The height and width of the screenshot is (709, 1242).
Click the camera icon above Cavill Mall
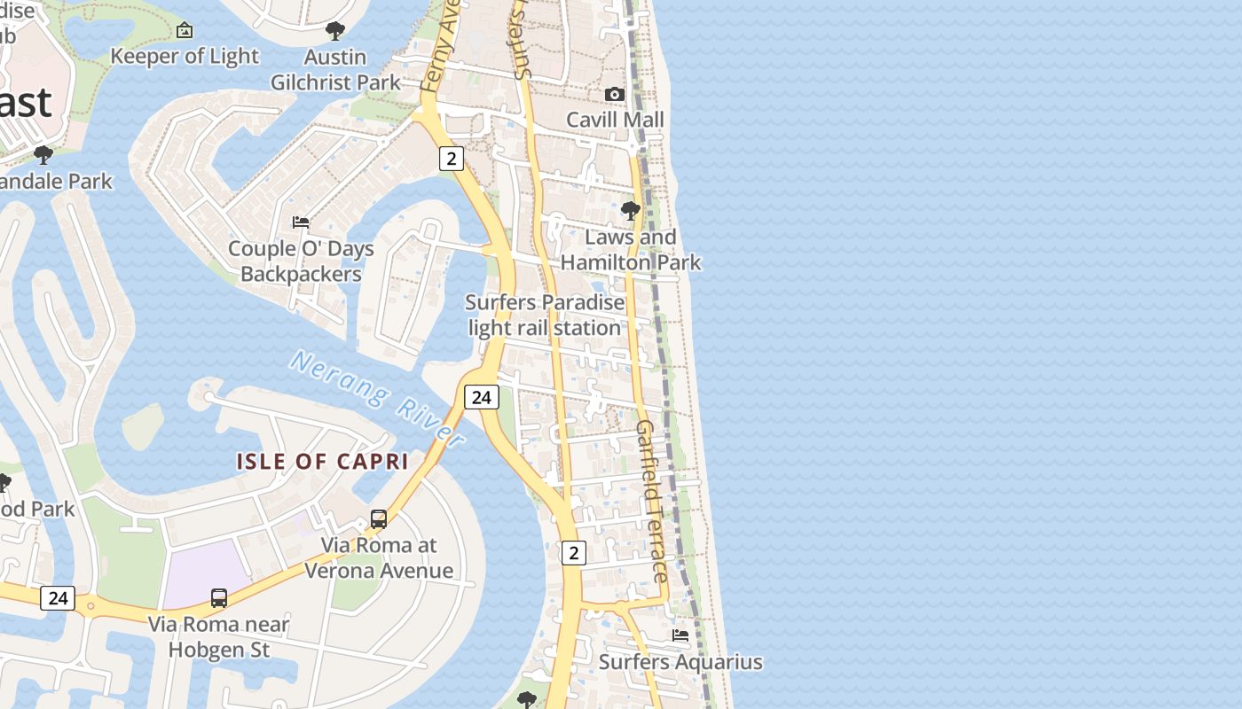click(x=614, y=94)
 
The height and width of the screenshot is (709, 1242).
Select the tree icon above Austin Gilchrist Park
click(x=335, y=32)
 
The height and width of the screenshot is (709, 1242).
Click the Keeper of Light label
click(x=185, y=56)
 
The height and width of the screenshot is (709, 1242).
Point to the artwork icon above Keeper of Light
click(x=185, y=31)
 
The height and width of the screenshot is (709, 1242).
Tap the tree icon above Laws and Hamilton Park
click(x=631, y=211)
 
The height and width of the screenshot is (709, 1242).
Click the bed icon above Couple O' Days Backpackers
click(x=301, y=222)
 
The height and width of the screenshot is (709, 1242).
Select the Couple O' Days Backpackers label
click(x=301, y=261)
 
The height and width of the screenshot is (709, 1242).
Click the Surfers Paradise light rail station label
click(x=545, y=315)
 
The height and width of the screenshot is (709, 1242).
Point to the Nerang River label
click(x=377, y=398)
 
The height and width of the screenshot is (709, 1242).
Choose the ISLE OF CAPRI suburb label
click(x=322, y=462)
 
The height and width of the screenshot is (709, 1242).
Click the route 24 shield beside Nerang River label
click(x=481, y=397)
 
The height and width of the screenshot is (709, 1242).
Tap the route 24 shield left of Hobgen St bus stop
click(x=58, y=598)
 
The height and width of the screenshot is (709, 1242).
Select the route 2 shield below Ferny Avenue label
click(x=452, y=159)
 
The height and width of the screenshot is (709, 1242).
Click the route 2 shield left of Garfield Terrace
click(x=574, y=553)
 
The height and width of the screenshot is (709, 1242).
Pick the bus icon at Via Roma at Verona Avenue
click(x=379, y=519)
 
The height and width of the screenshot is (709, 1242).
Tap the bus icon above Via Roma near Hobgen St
click(x=219, y=598)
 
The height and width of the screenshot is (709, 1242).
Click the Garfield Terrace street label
click(x=651, y=501)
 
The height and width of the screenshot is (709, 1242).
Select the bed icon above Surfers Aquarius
click(x=680, y=635)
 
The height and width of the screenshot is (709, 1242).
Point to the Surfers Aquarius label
click(x=680, y=662)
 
